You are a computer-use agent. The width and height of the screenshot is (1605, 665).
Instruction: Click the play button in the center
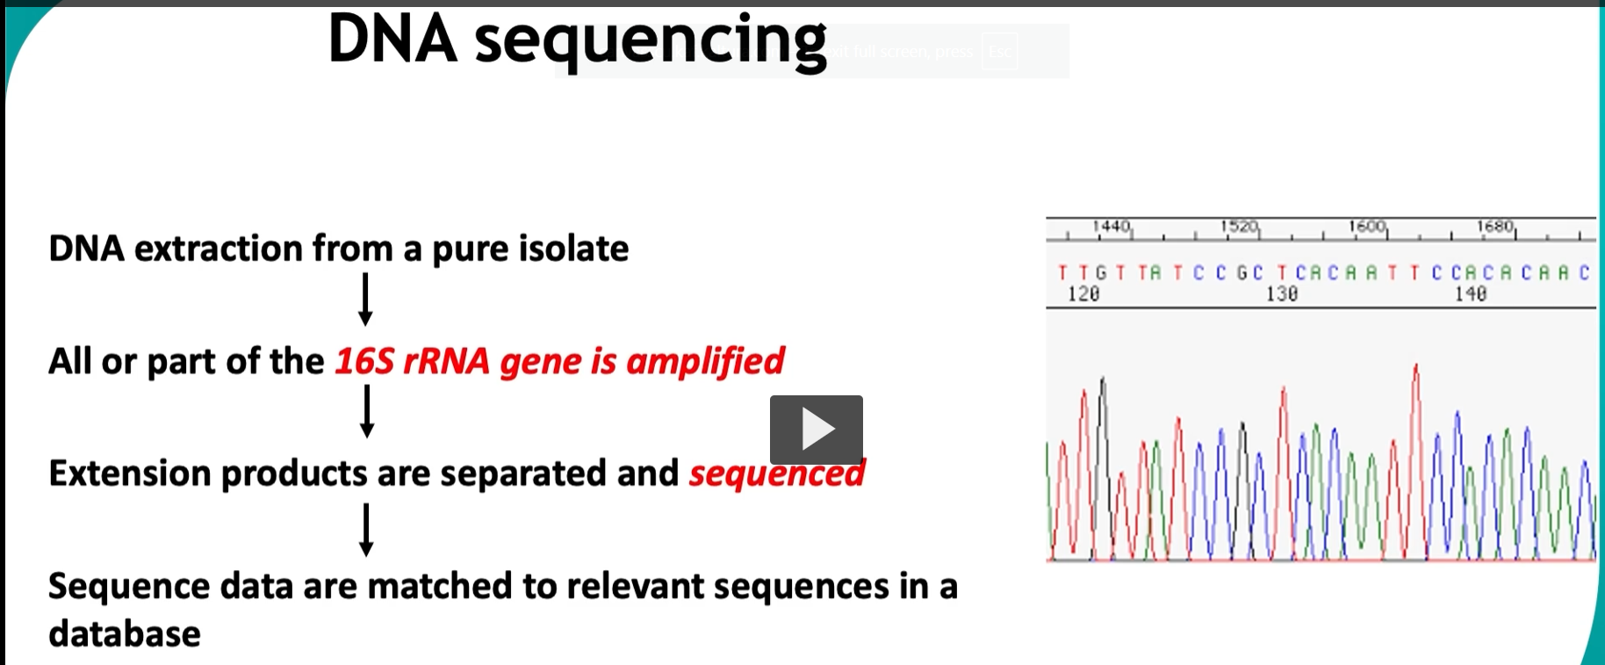(816, 430)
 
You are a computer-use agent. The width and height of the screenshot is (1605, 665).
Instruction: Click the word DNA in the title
(392, 40)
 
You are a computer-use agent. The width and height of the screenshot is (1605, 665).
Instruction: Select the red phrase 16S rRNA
(412, 361)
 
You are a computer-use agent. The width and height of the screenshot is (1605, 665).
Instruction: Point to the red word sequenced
(776, 473)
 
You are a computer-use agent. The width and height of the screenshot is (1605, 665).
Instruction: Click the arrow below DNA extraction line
(365, 300)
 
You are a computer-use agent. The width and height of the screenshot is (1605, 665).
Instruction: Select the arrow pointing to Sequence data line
(366, 529)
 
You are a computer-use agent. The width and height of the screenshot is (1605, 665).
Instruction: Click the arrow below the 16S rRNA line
(367, 411)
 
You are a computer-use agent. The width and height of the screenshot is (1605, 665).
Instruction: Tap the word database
(125, 633)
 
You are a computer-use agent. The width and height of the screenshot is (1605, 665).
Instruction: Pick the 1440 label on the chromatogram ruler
(1111, 227)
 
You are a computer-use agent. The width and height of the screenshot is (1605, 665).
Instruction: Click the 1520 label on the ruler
(1239, 227)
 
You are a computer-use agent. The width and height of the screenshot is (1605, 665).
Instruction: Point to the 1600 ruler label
(1367, 227)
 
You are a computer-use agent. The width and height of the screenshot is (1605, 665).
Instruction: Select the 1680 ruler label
(1494, 227)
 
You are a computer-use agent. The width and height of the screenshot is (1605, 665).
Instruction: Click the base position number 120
(1083, 294)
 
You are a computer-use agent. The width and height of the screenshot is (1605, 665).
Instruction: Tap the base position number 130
(1281, 294)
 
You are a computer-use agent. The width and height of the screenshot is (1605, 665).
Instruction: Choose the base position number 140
(1471, 294)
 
